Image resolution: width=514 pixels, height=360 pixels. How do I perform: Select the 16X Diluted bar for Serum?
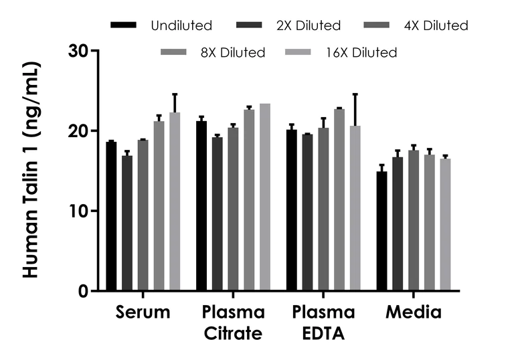point(175,201)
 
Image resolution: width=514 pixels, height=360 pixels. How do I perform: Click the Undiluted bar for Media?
point(381,231)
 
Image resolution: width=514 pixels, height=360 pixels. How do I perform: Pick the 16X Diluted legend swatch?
point(298,52)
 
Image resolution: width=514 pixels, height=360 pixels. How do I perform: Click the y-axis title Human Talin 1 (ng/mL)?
point(30,171)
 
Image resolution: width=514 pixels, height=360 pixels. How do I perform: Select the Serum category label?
point(143,312)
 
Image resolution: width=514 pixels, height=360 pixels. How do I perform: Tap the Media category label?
point(413,312)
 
